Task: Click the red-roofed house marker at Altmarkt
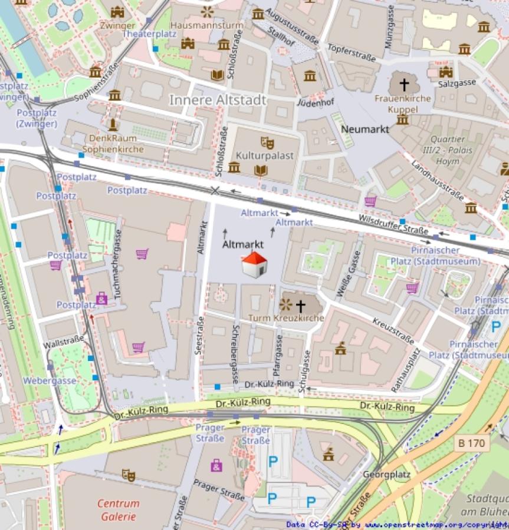254,264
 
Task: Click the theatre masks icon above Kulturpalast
267,143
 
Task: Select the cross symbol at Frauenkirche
404,85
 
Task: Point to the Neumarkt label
364,129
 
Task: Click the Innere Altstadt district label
218,100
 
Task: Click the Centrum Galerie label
119,510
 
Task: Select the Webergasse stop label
50,380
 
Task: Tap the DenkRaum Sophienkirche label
113,143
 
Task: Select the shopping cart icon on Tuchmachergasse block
142,254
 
